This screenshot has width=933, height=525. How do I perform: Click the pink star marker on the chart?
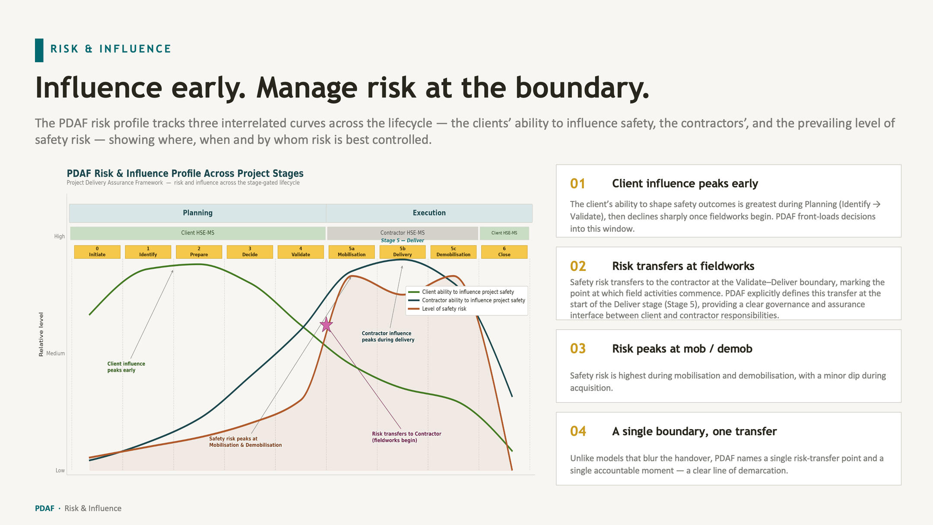326,325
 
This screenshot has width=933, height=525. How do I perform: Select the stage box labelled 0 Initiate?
97,252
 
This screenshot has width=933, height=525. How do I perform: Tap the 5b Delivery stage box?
403,252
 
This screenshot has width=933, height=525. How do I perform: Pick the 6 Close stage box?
504,252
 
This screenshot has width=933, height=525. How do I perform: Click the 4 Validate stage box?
301,252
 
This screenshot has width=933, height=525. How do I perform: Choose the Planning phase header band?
197,213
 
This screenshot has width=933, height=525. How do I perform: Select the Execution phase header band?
429,213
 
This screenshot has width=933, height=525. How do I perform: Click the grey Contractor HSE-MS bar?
403,233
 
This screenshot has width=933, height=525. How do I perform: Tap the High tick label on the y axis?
60,236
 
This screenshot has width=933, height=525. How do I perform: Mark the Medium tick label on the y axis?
56,353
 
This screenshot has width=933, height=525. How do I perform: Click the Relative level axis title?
41,334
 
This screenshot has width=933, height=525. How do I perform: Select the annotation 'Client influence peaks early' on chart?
126,367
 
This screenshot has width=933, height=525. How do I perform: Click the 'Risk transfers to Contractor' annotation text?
406,434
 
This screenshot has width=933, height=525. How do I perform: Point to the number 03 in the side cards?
578,349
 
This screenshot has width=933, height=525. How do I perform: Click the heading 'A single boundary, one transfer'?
694,432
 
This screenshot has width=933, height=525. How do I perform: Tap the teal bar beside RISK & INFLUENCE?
39,50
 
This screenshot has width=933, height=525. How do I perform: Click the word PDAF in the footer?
44,509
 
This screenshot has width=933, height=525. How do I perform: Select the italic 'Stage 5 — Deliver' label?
403,241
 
